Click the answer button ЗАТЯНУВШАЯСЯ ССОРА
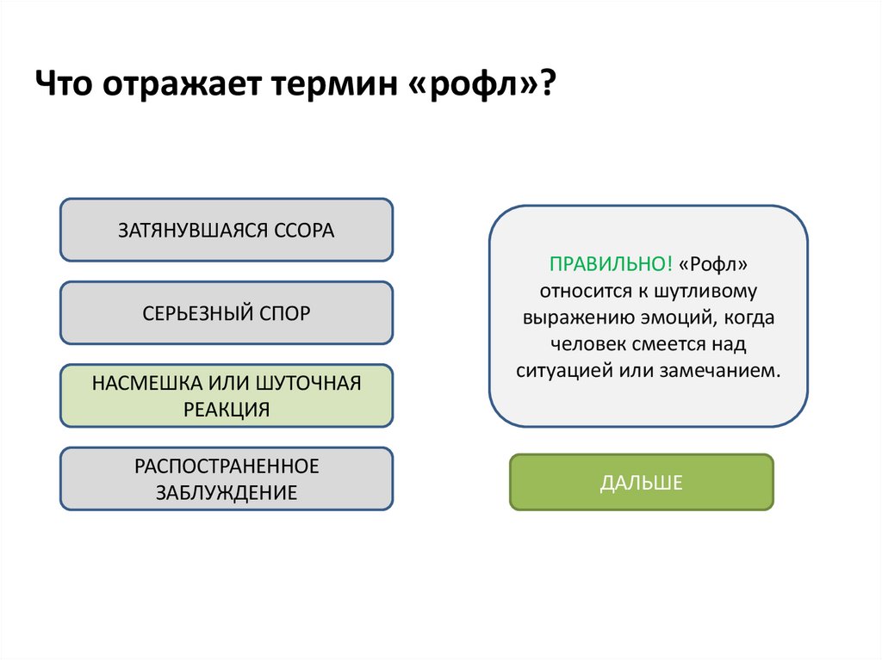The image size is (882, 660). [x=226, y=230]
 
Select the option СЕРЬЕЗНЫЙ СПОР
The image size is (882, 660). [x=226, y=313]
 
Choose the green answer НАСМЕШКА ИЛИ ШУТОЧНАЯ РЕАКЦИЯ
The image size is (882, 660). [x=226, y=396]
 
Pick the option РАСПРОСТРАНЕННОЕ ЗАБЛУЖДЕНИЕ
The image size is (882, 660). [x=226, y=478]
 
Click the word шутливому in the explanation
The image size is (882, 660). [x=705, y=290]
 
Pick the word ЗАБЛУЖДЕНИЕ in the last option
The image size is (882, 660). [x=226, y=492]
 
